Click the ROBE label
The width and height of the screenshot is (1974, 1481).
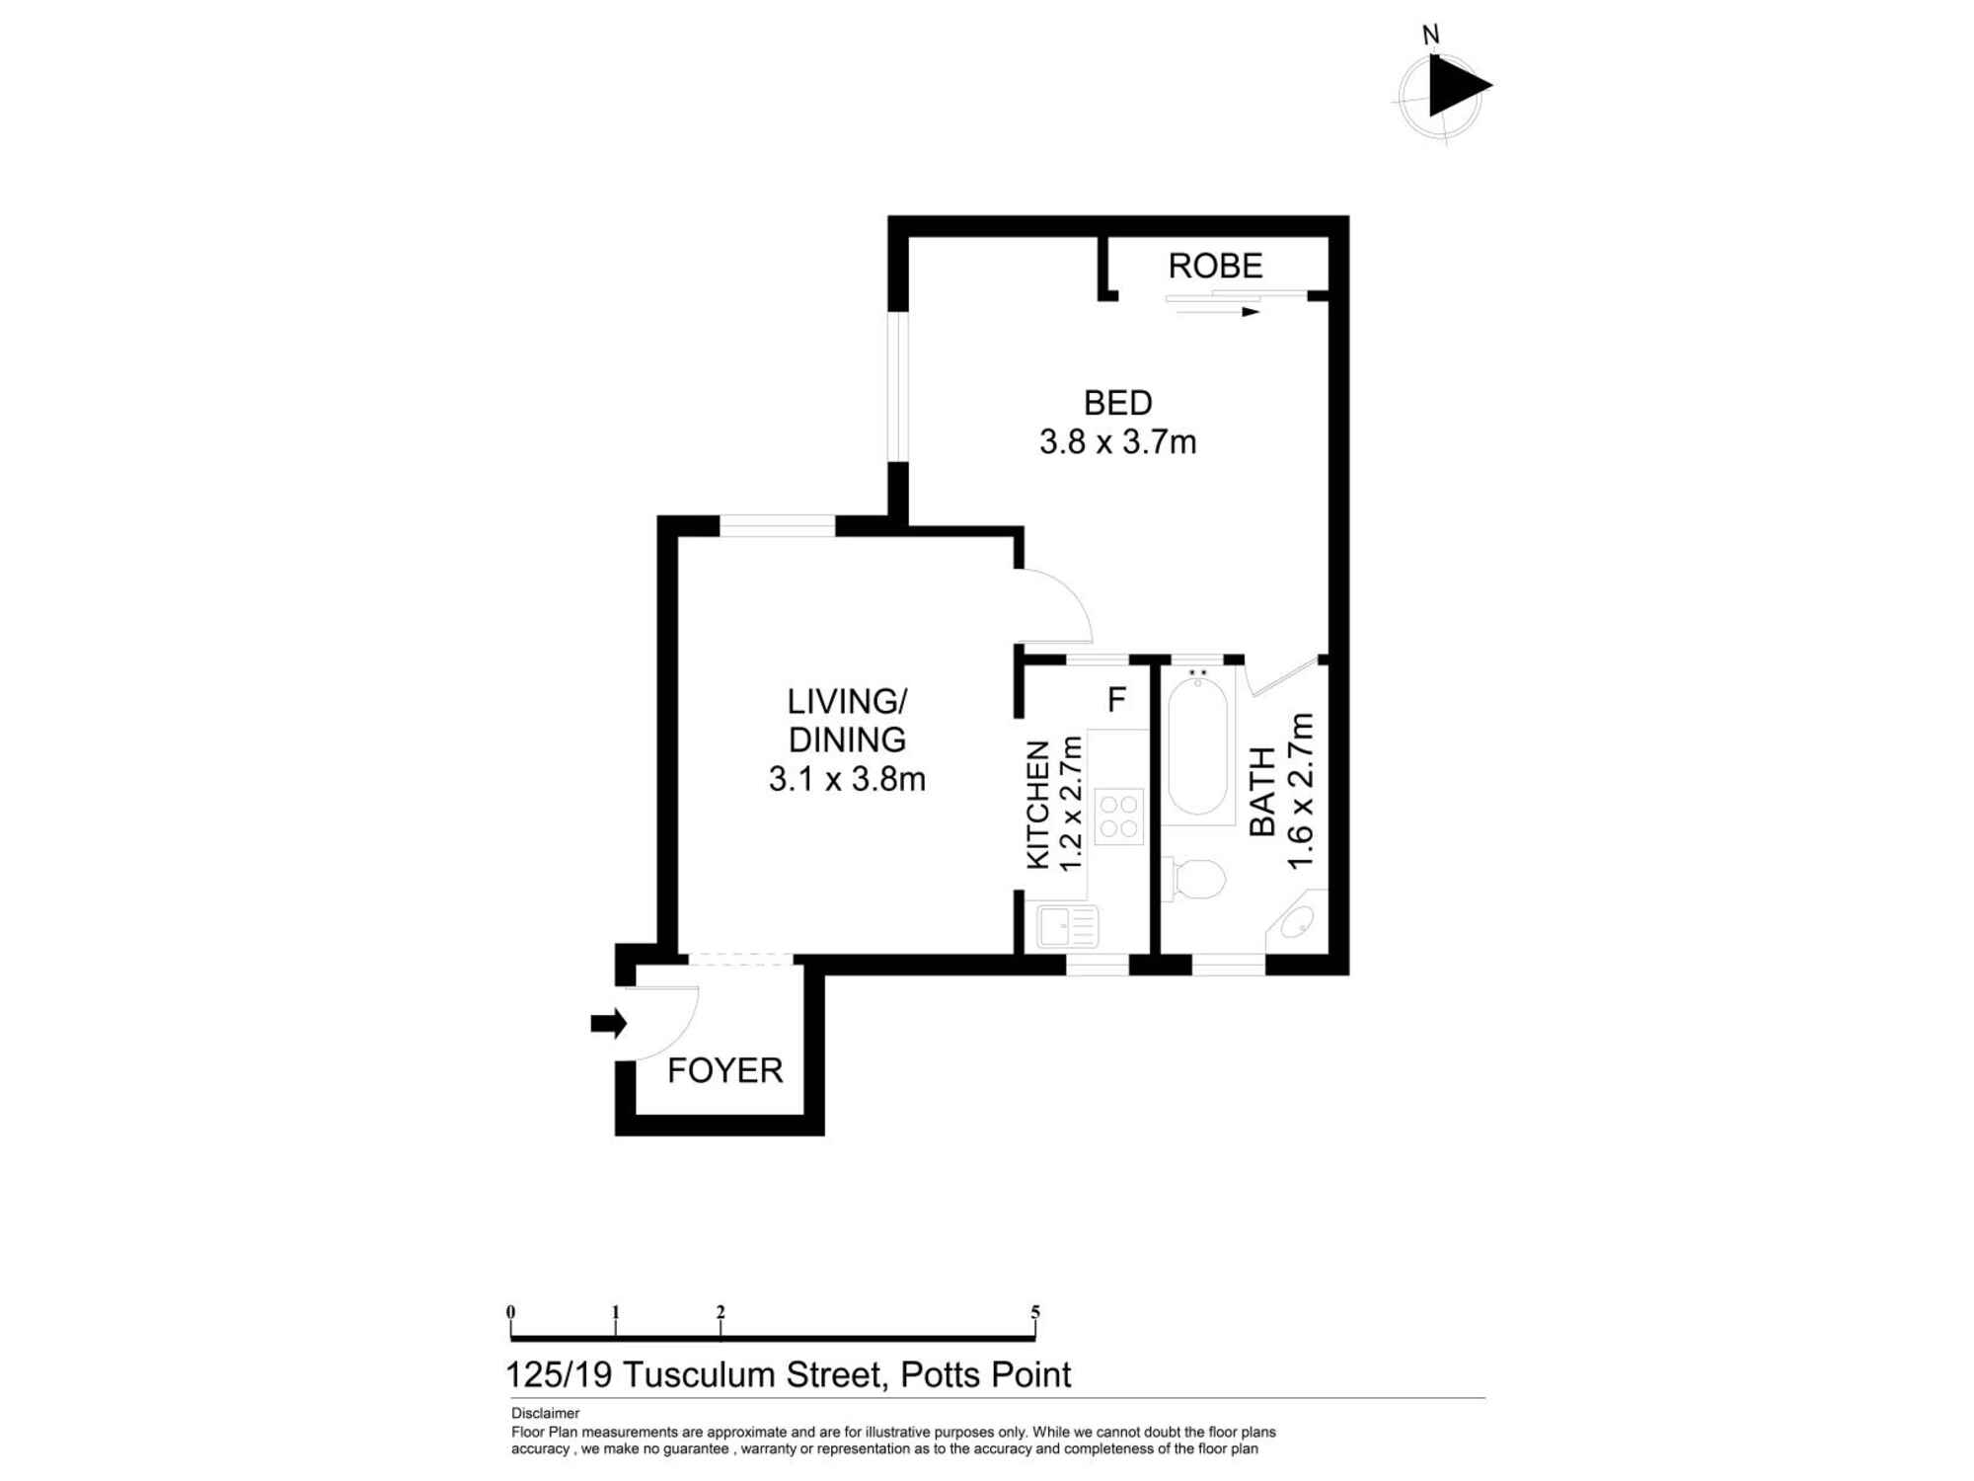tap(1215, 267)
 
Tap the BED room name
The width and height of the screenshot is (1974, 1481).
tap(1117, 403)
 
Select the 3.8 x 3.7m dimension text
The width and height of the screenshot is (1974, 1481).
tap(1117, 441)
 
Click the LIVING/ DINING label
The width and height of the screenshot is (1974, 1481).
tap(847, 720)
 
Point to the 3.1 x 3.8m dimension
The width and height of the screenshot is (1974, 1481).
tap(847, 779)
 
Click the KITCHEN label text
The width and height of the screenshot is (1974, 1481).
tap(1038, 805)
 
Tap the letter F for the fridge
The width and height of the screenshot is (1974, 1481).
tap(1116, 700)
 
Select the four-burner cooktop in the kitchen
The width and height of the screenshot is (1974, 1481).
tap(1118, 817)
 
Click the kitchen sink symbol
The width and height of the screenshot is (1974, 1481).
tap(1067, 926)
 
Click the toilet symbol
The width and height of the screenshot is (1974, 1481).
tap(1196, 879)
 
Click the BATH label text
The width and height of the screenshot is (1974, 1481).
tap(1262, 791)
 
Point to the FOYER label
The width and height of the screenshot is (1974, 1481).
tap(724, 1070)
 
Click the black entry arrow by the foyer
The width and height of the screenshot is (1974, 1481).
tap(609, 1024)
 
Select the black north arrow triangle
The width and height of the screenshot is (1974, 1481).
tap(1456, 87)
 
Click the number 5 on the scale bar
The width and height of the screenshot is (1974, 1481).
tap(1035, 1311)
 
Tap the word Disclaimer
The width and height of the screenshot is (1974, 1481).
tap(545, 1413)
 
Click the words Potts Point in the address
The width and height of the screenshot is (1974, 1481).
tap(985, 1374)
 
